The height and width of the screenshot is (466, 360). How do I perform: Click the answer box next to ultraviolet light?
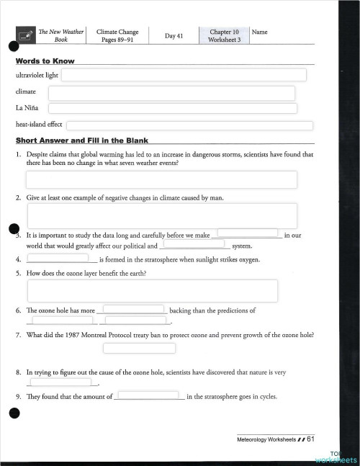coord(184,75)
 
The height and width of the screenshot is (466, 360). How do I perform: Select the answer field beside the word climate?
coord(171,93)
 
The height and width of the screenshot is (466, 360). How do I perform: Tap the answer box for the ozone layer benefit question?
coord(152,291)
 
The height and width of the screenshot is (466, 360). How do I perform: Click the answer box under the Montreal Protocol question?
coord(139,349)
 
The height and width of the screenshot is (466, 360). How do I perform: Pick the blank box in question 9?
coord(148,395)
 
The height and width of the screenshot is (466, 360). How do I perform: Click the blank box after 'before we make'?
coord(248,233)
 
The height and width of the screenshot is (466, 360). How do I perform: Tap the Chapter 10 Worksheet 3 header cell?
coord(224,36)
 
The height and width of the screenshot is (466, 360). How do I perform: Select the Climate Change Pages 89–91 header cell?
coord(118,36)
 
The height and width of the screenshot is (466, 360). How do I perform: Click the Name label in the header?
coord(260,32)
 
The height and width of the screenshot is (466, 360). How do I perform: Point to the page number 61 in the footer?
coord(310,438)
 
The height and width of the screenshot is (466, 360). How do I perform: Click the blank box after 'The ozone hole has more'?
coord(133,309)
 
